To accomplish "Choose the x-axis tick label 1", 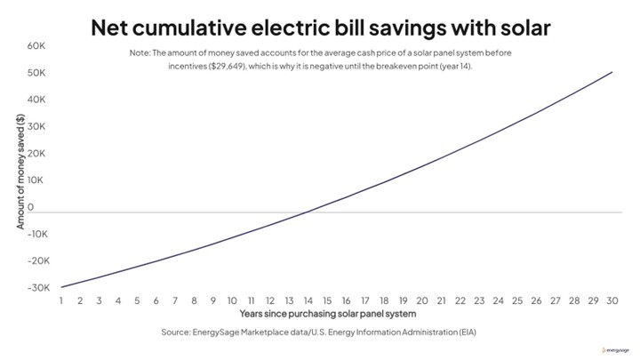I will pos(60,300).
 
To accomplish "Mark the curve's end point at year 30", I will pos(612,72).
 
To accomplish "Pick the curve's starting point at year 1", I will pos(60,286).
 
